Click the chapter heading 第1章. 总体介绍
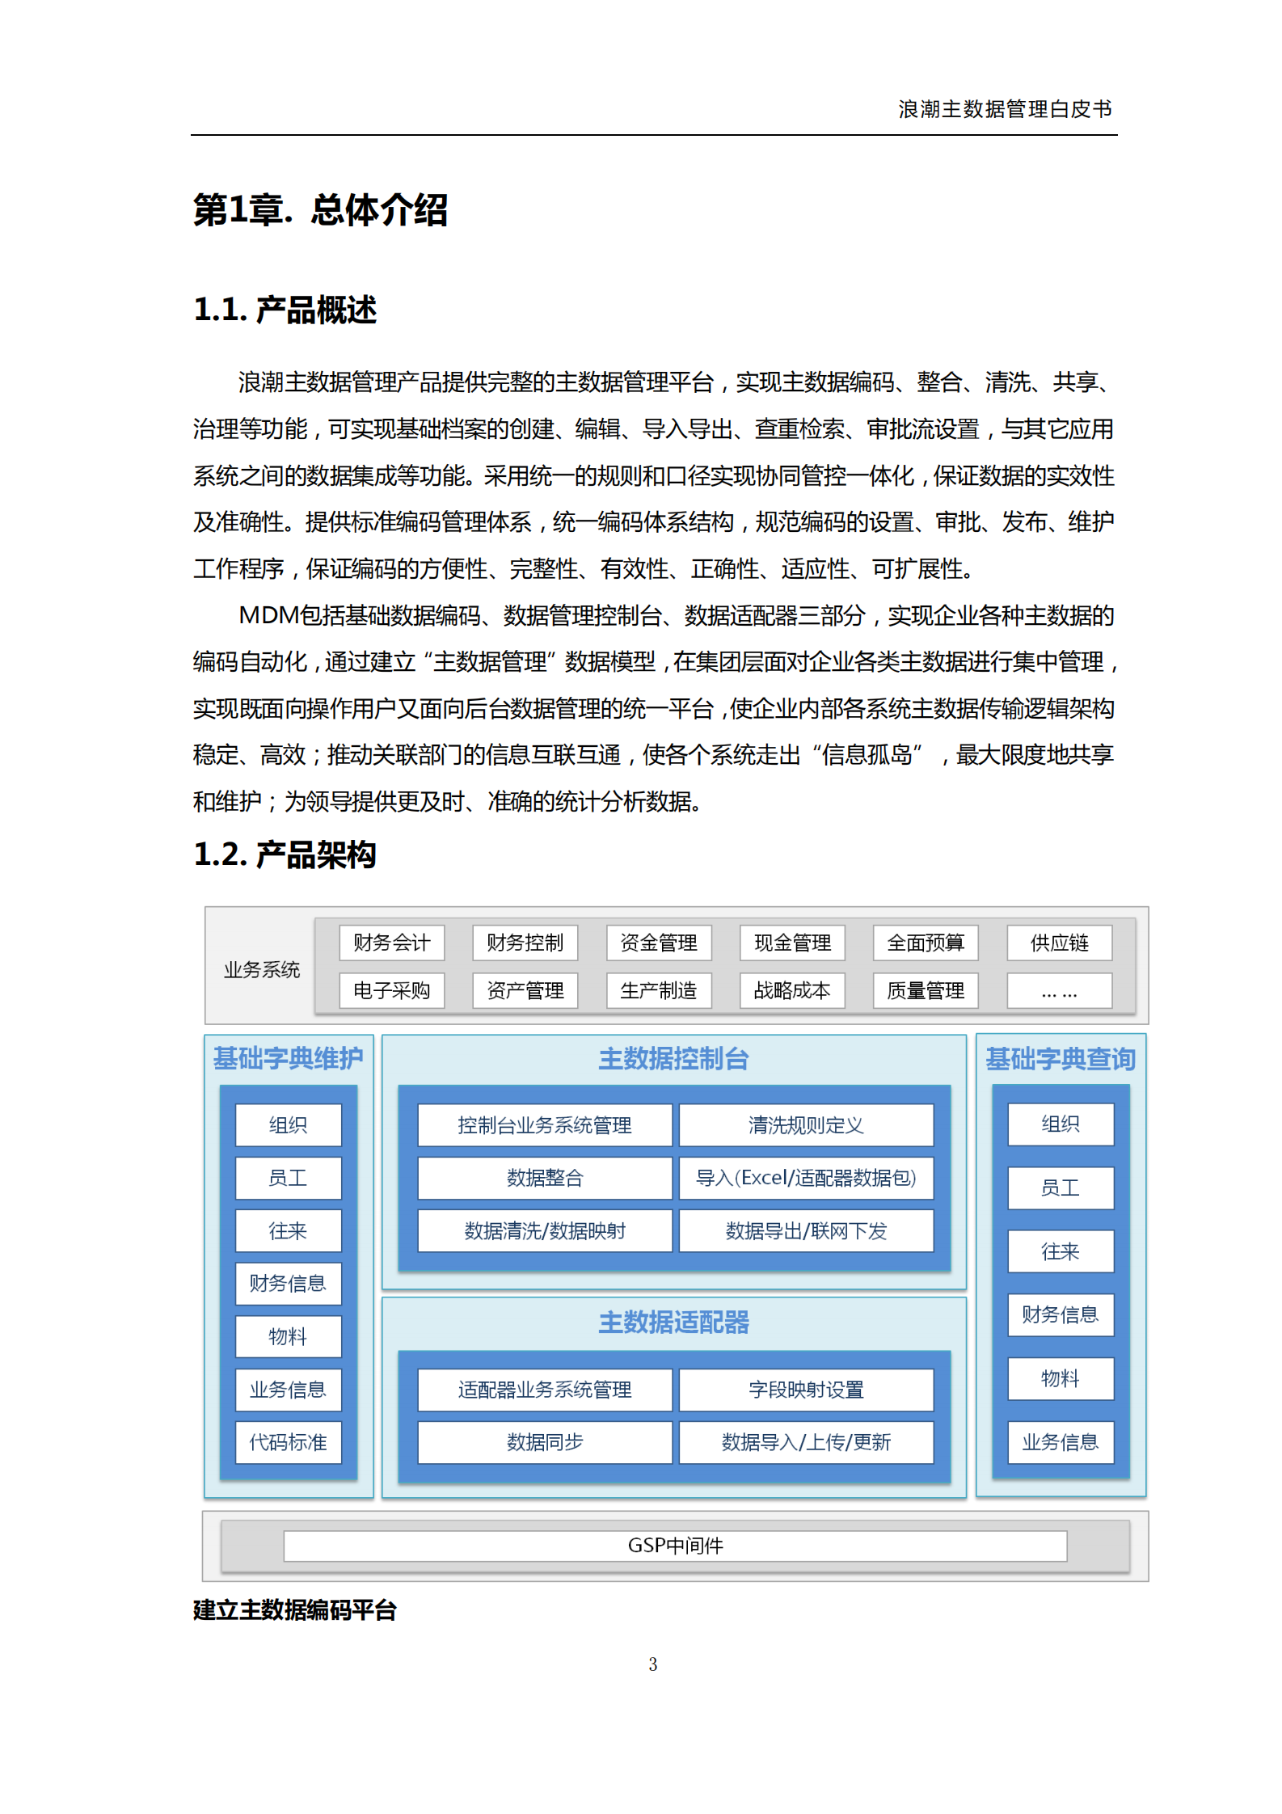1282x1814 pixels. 320,210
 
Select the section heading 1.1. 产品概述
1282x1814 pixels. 285,310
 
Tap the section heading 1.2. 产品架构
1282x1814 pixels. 285,854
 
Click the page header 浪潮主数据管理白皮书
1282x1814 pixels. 1005,109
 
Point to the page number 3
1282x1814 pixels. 652,1664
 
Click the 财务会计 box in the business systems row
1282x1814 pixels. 392,943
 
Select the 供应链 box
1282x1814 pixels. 1059,943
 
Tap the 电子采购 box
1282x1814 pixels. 392,990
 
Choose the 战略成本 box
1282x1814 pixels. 792,990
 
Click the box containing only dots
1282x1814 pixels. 1059,991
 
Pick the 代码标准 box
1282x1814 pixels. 288,1442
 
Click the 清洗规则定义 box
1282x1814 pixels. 806,1125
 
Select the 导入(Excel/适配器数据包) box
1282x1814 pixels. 806,1178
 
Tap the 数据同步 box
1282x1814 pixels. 545,1442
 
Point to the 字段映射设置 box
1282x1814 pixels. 806,1390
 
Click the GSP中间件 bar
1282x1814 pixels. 675,1546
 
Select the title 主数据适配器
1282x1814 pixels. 673,1323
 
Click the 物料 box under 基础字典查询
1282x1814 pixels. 1060,1378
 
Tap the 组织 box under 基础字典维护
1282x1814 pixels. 288,1125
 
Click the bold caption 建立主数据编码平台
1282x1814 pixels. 295,1610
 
